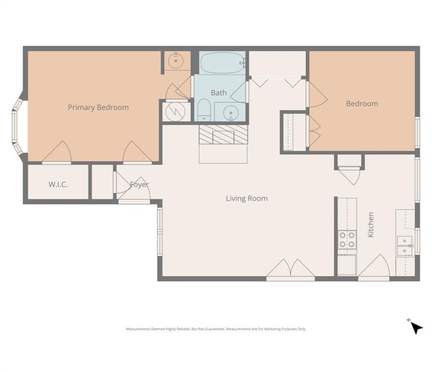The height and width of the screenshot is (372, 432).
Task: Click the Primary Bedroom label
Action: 98,108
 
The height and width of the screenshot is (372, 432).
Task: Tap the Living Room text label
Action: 247,198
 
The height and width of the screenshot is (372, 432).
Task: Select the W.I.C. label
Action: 58,185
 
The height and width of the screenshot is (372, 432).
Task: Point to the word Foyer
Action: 139,185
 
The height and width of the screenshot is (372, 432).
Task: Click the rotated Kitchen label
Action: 371,225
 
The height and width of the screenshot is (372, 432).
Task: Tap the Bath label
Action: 219,93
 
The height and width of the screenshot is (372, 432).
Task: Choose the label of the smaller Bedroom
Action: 362,104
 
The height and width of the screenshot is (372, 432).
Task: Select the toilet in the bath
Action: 204,110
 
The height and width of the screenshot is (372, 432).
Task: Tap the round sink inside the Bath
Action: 231,112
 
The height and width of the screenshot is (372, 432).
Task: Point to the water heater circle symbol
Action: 174,111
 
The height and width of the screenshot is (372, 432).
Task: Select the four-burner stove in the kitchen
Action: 347,240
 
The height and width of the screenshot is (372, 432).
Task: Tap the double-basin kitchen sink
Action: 404,246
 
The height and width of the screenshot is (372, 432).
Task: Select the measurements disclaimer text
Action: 216,329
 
